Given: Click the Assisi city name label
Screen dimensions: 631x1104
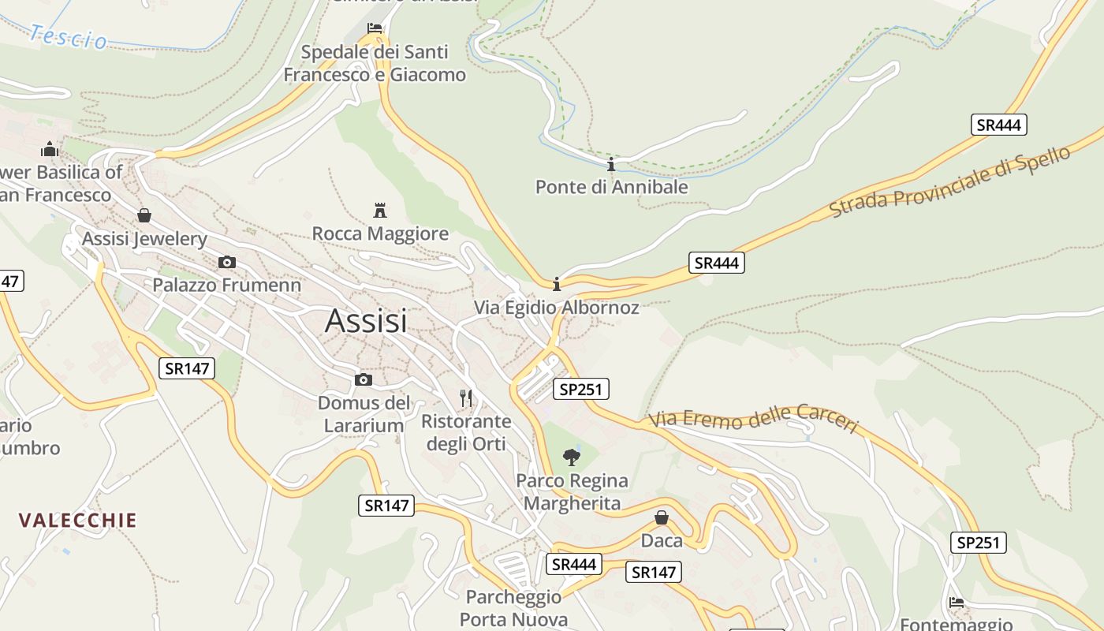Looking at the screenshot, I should point(366,321).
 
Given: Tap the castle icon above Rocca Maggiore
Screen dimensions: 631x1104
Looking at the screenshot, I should point(380,211).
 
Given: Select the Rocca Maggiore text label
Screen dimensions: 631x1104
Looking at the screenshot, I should point(380,234).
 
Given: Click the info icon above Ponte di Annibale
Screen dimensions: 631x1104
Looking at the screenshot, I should point(610,164).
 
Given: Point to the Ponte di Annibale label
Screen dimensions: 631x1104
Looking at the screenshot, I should point(611,187).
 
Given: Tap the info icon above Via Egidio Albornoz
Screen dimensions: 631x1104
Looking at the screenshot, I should point(557,284).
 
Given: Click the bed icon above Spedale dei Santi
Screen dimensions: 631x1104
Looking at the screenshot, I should point(375,28).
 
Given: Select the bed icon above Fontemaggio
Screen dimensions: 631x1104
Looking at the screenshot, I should point(957,602).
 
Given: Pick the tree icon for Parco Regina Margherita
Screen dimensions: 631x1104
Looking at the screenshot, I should point(571,457).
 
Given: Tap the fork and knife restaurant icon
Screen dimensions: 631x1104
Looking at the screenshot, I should point(466,398).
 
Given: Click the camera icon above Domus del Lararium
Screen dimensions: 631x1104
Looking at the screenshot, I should point(364,380).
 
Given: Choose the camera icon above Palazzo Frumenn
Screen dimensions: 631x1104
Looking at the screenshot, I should point(227,263).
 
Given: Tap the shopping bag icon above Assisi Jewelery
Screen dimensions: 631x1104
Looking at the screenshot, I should point(144,215).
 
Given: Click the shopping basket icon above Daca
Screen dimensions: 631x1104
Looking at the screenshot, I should point(662,517).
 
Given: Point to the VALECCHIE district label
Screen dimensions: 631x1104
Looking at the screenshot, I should point(78,521).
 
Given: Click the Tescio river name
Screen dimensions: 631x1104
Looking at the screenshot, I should point(69,36).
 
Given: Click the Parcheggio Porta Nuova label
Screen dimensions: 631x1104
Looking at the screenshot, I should point(513,608).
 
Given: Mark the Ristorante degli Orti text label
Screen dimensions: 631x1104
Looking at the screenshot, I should point(466,432).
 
